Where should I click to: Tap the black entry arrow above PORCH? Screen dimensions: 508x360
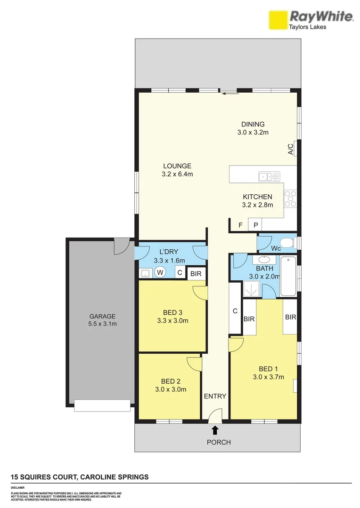[x=215, y=429]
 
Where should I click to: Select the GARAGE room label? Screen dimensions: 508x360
[x=103, y=316]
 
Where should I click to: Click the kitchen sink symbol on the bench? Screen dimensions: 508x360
[x=269, y=176]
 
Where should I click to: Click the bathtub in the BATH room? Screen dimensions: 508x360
[x=288, y=277]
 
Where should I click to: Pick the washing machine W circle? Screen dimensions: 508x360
[x=160, y=272]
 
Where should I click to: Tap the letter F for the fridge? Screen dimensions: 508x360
[x=240, y=225]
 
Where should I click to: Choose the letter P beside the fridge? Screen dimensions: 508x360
[x=255, y=225]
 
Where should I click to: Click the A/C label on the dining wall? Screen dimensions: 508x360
[x=291, y=149]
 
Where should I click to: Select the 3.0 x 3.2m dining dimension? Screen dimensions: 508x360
[x=253, y=132]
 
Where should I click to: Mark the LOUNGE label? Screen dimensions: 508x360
[x=177, y=166]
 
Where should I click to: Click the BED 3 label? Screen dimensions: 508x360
[x=172, y=313]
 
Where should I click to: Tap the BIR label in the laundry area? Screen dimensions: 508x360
[x=195, y=272]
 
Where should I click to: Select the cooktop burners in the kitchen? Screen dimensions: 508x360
[x=290, y=198]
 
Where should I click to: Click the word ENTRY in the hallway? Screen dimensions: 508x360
[x=215, y=396]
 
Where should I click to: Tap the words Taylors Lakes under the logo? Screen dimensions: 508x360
[x=307, y=27]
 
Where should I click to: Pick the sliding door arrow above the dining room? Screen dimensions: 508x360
[x=230, y=93]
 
